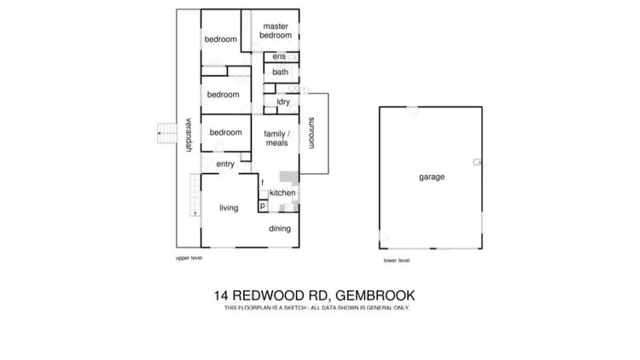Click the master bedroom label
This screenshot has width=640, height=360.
(276, 31)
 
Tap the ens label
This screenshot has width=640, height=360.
(279, 57)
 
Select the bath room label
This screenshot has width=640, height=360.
(280, 73)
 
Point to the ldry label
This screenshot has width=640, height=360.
(283, 102)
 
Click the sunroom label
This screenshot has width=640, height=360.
(312, 132)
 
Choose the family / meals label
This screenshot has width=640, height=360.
(276, 138)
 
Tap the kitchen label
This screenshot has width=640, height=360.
(282, 193)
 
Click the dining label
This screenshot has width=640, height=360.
(280, 229)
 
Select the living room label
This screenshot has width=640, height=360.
(229, 207)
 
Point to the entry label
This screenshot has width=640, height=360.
(225, 164)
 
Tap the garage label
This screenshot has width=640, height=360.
(431, 177)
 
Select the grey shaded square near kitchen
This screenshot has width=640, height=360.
(288, 177)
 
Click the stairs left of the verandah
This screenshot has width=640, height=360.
(165, 133)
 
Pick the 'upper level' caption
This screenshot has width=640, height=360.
(188, 257)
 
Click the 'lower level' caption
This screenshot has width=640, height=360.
(397, 260)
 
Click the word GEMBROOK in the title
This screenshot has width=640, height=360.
(376, 296)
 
